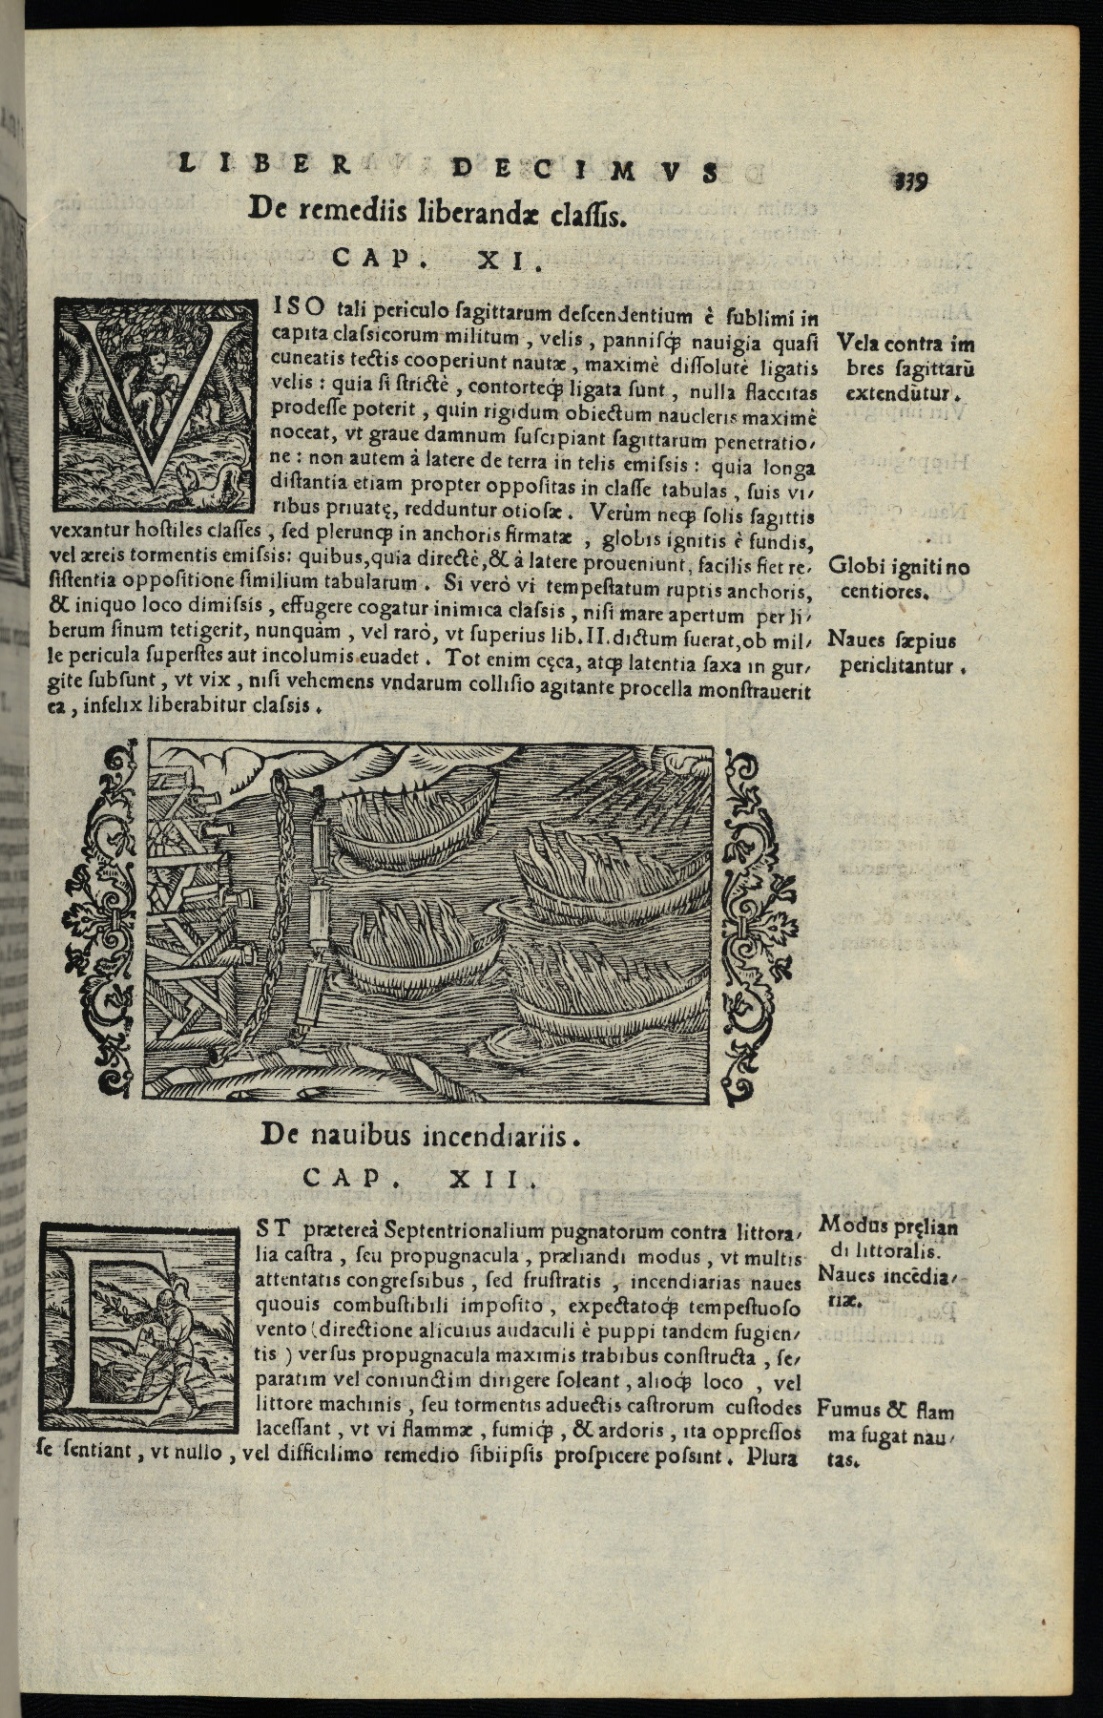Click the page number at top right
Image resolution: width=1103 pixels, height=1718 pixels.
point(914,178)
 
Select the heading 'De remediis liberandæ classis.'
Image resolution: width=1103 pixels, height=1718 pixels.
point(436,210)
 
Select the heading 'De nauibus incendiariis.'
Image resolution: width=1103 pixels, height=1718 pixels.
point(420,1134)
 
